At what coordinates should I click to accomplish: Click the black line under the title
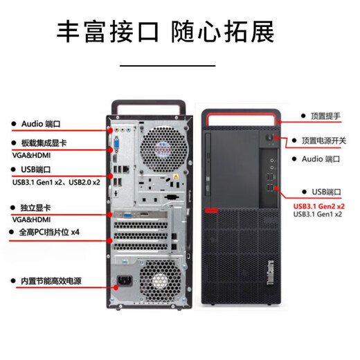[168, 64]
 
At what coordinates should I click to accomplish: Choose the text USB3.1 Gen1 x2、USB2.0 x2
[55, 181]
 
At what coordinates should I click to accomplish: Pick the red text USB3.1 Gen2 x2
[319, 206]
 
